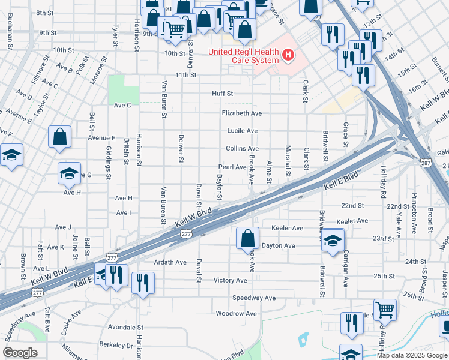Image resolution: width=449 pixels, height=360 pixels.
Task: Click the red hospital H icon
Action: pos(289,56)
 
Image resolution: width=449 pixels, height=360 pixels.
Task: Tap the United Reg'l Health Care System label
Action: pos(243,56)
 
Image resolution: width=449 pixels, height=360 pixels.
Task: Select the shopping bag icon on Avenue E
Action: pos(61,137)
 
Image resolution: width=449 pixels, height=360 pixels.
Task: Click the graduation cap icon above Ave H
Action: pos(70,173)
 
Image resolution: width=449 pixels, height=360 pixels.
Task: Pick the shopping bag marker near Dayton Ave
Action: pos(247,238)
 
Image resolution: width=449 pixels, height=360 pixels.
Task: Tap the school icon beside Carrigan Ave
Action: pos(332,241)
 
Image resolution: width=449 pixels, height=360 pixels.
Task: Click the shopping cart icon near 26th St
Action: pos(385,310)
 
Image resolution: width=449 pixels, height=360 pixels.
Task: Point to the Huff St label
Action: pos(222,94)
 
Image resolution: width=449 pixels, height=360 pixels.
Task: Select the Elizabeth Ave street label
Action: pos(241,113)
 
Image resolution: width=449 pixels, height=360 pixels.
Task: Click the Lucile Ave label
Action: pos(242,131)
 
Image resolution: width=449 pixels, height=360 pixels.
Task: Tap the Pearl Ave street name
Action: pos(232,167)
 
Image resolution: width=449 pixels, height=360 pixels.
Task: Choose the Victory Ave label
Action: pos(230,280)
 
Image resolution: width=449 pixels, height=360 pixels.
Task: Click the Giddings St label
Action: pos(109,165)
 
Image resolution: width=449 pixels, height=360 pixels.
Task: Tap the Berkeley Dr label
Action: pos(116,346)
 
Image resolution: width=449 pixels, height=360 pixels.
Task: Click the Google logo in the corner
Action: pos(20,353)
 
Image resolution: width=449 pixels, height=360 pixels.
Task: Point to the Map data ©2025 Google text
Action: pos(411,355)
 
